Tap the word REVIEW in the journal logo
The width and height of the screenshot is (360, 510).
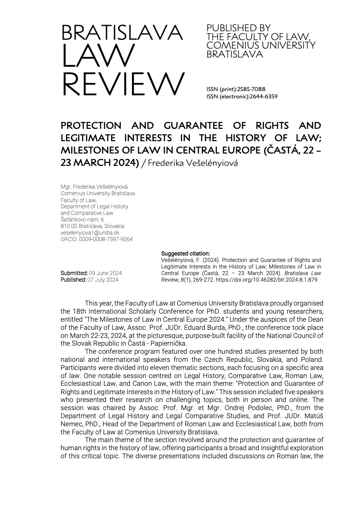click(123, 84)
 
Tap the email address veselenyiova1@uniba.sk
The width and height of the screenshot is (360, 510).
click(90, 233)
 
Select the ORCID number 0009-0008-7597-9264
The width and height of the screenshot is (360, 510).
click(106, 239)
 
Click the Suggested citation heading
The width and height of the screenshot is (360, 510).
click(185, 253)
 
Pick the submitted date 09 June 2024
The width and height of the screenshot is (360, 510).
click(105, 273)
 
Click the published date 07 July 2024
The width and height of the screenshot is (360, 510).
click(103, 280)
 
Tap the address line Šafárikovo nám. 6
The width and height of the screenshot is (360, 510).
click(82, 220)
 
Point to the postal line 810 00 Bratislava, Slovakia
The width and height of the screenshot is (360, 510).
click(92, 226)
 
